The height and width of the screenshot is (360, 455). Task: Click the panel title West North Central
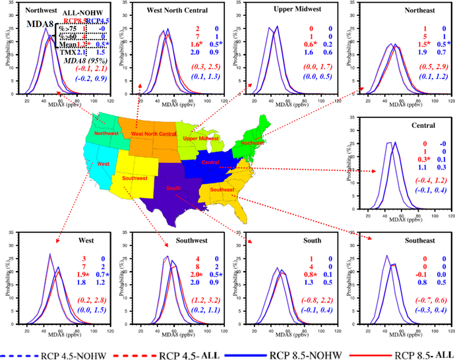pos(163,11)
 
